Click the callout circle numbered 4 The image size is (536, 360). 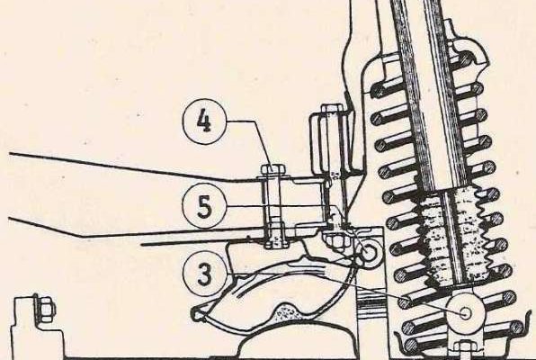pos(205,121)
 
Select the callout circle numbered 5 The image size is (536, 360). pos(204,207)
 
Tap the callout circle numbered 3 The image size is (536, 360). pos(204,274)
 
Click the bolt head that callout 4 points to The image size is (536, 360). pos(273,169)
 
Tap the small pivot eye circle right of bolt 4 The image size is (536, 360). pos(369,252)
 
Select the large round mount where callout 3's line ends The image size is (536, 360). pos(465,312)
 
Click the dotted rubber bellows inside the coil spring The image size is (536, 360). pos(451,236)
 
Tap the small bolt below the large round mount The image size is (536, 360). pos(464,350)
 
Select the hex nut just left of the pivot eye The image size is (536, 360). pos(336,241)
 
